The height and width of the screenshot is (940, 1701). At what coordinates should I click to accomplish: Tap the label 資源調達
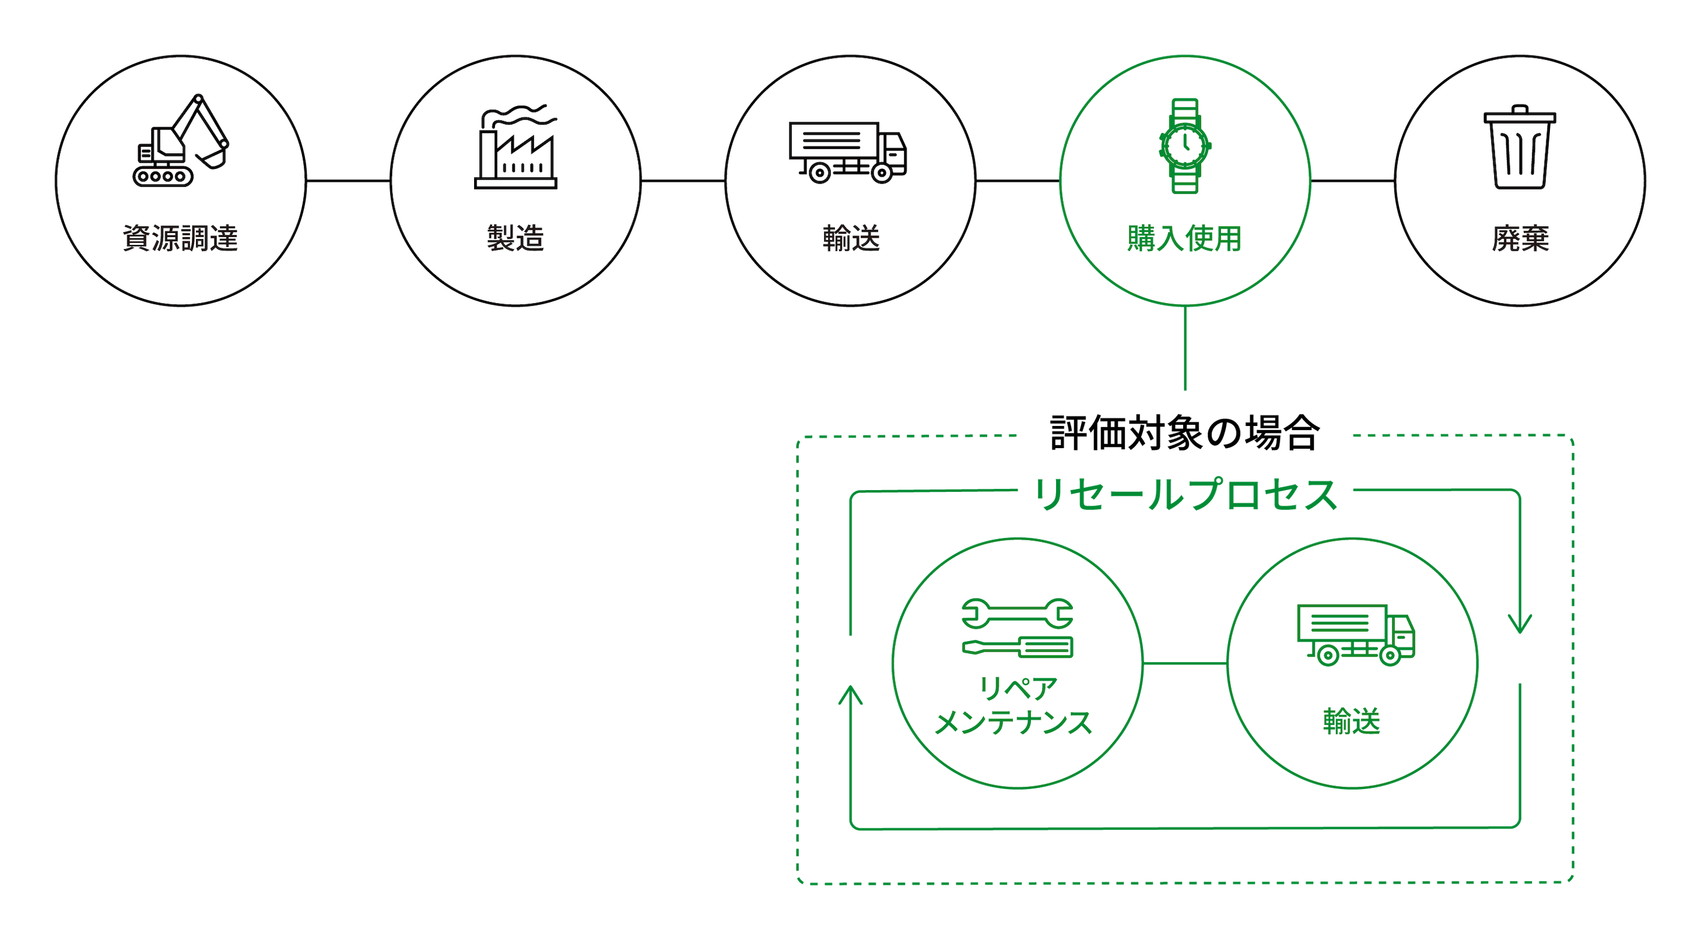pos(180,238)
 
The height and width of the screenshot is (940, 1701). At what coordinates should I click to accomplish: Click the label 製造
pos(515,238)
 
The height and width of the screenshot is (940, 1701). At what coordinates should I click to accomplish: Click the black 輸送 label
pos(851,238)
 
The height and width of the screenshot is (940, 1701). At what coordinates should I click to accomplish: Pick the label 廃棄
pos(1520,238)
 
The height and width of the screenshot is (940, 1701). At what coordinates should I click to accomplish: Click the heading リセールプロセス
pos(1186,495)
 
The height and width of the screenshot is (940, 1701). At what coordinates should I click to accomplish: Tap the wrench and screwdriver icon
pos(1017,628)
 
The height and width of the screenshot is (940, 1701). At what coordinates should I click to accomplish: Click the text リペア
pos(1018,688)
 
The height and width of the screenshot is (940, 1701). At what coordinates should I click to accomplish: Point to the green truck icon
pos(1356,634)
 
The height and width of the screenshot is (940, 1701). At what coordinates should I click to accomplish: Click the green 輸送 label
pos(1352,721)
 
